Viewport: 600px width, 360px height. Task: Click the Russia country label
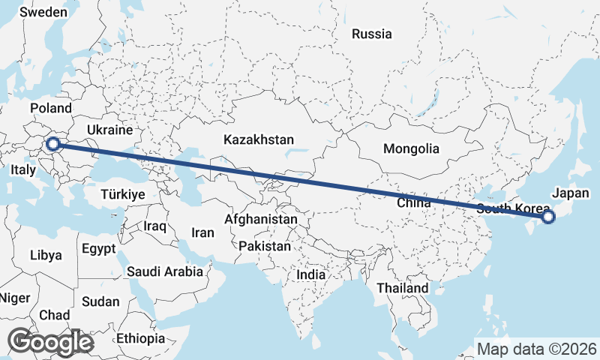click(x=371, y=34)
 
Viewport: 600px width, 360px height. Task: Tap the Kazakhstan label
click(x=259, y=139)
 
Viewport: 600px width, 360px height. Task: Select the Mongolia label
click(x=410, y=148)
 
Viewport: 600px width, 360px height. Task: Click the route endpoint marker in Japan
click(x=547, y=217)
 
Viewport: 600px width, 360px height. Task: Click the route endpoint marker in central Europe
click(x=53, y=144)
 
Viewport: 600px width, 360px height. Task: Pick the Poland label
click(x=50, y=109)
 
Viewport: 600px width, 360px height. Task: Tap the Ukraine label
click(x=109, y=130)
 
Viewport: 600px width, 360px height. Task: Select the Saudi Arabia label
click(x=164, y=271)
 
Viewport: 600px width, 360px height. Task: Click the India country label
click(x=311, y=275)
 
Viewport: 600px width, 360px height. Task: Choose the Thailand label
click(x=403, y=288)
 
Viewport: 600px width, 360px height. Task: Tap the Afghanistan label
click(x=261, y=220)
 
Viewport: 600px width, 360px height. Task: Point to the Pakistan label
click(x=265, y=246)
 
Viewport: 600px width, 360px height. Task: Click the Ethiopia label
click(x=140, y=339)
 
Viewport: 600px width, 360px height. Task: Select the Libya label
click(x=46, y=255)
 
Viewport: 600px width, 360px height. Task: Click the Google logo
click(x=50, y=342)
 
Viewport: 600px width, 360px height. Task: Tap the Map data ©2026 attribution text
click(x=536, y=349)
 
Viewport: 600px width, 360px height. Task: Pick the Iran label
click(x=202, y=232)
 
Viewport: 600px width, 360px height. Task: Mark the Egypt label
click(x=99, y=248)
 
